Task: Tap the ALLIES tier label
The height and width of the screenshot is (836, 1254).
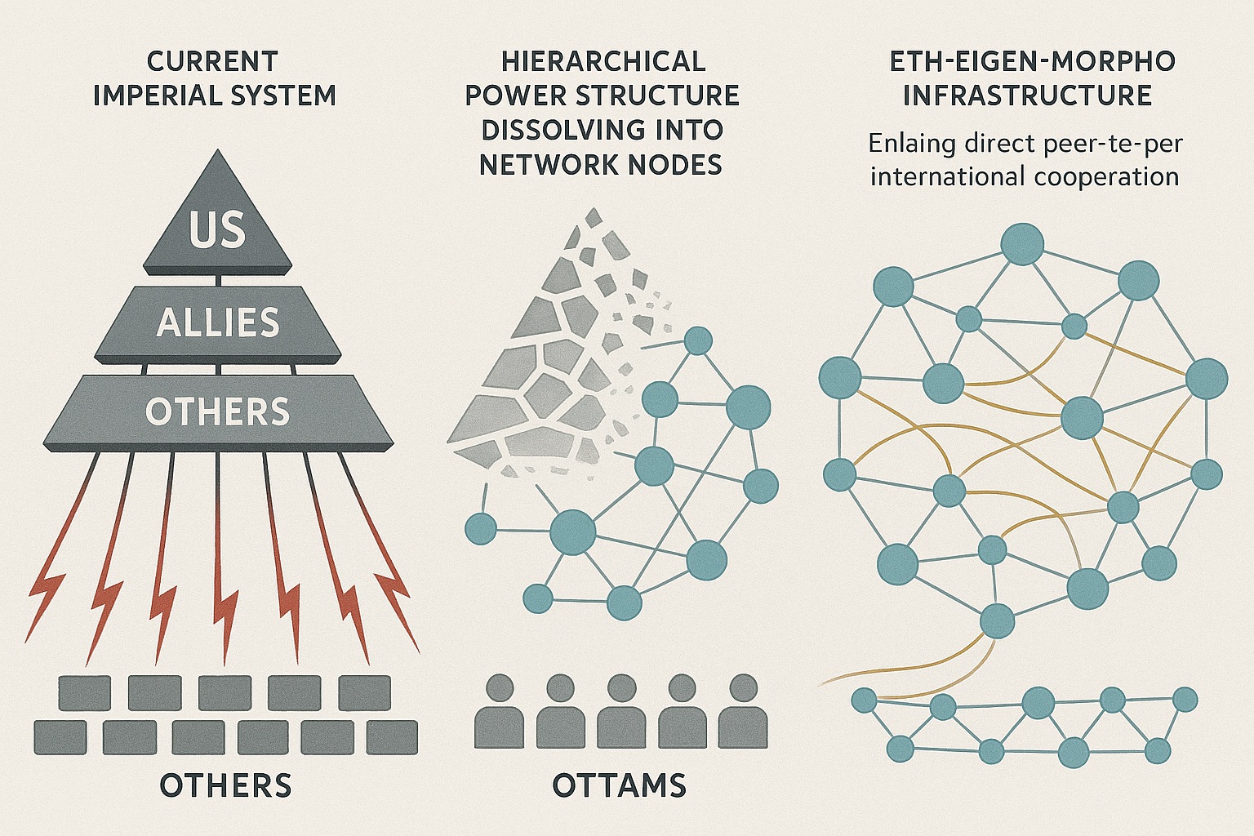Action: [x=218, y=323]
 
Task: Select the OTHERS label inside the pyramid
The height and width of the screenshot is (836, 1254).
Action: [x=217, y=412]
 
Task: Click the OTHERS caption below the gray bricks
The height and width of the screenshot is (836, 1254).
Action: [x=225, y=785]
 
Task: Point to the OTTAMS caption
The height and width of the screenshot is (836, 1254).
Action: [x=619, y=785]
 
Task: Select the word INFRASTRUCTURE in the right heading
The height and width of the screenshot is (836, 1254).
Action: [x=1027, y=96]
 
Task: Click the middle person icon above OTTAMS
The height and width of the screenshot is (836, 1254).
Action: [x=621, y=712]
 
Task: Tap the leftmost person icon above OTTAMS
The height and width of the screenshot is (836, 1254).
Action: [x=499, y=712]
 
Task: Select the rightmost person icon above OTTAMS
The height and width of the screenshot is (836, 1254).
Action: [x=743, y=712]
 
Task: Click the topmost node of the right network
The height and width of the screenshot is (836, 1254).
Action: [x=1022, y=243]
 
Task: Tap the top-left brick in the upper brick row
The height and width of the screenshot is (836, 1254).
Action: [x=85, y=693]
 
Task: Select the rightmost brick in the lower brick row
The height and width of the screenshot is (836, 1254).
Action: [x=392, y=737]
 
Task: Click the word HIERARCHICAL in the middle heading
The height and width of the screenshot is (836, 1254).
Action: [x=603, y=61]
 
